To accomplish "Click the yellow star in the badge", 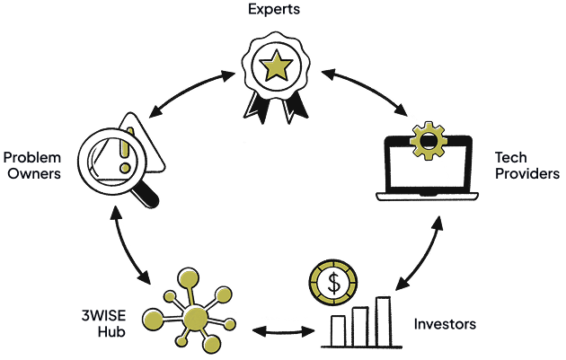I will click(x=277, y=66).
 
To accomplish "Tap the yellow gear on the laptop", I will click(x=429, y=142).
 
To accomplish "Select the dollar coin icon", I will click(x=333, y=282).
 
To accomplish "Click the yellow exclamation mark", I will click(x=126, y=148).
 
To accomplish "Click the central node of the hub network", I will click(x=195, y=319).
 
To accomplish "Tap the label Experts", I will click(x=275, y=10).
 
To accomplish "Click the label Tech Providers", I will click(x=526, y=165).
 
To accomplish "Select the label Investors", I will click(x=445, y=323).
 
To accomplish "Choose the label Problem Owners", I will click(x=33, y=165).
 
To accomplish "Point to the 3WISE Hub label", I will click(x=104, y=323).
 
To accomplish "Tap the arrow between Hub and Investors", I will click(x=283, y=332).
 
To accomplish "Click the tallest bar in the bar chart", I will click(x=384, y=321).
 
